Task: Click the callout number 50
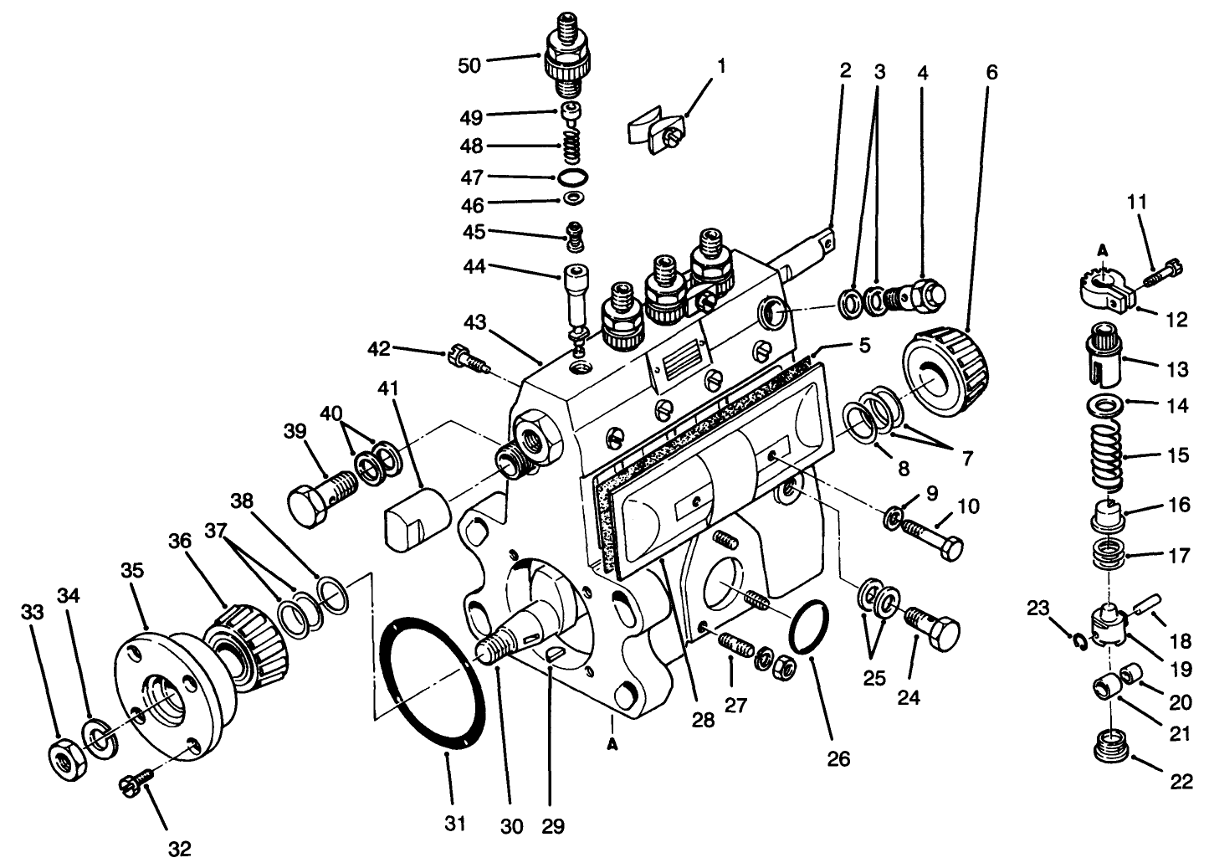pyautogui.click(x=469, y=64)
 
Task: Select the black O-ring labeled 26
pyautogui.click(x=806, y=628)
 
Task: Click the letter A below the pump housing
pyautogui.click(x=613, y=744)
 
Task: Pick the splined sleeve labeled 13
pyautogui.click(x=1113, y=357)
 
